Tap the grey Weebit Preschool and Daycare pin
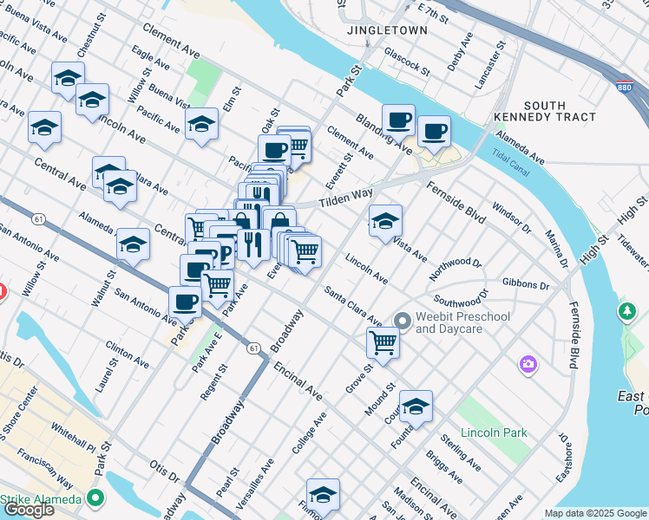pyautogui.click(x=401, y=322)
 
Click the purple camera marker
pyautogui.click(x=528, y=365)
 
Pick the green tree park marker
pyautogui.click(x=626, y=310)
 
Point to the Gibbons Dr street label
pyautogui.click(x=527, y=284)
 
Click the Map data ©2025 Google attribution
pyautogui.click(x=595, y=513)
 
